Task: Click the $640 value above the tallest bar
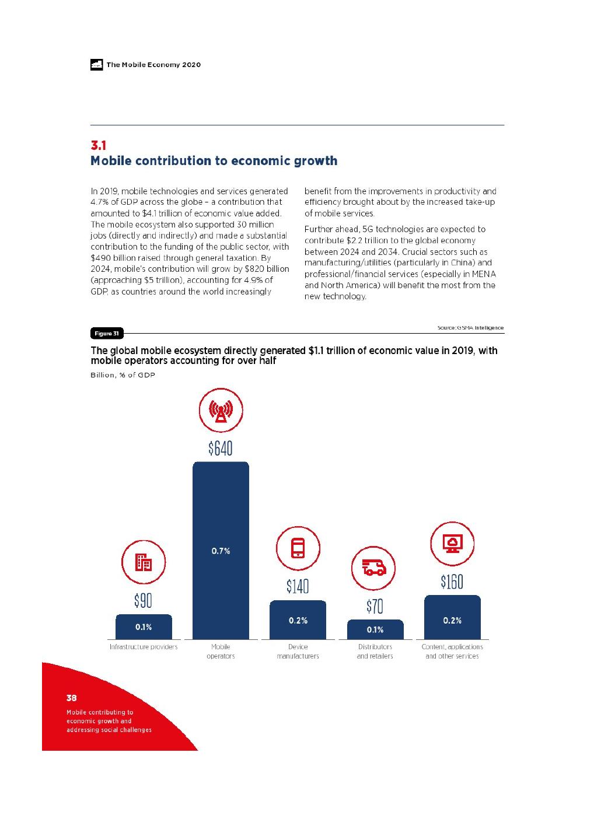point(221,448)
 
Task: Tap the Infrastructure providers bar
point(144,627)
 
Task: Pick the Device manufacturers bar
point(298,620)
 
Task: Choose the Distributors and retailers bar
point(375,629)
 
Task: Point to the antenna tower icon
point(221,411)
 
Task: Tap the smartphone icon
point(298,548)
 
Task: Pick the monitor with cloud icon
point(452,543)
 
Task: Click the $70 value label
point(375,607)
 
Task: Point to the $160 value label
point(452,582)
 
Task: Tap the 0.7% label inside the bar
point(221,551)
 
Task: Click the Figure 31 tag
point(107,334)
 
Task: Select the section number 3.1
point(98,145)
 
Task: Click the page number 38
point(72,698)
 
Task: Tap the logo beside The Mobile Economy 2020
point(97,65)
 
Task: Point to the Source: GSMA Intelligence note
point(470,328)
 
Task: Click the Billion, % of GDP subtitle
point(123,374)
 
